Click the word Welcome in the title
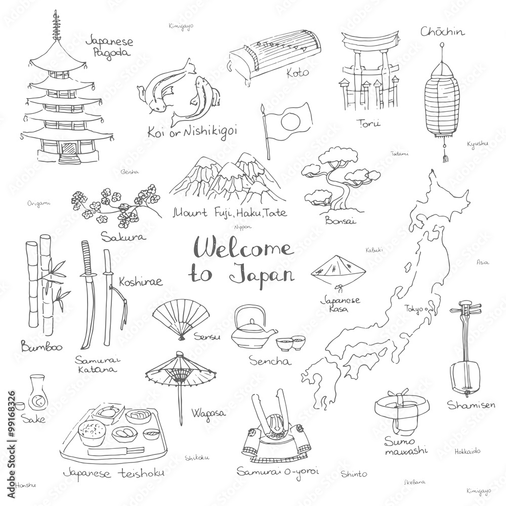point(247,249)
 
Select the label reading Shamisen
point(464,404)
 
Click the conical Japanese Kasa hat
point(331,270)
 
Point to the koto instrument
point(264,56)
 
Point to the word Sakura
point(120,236)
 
